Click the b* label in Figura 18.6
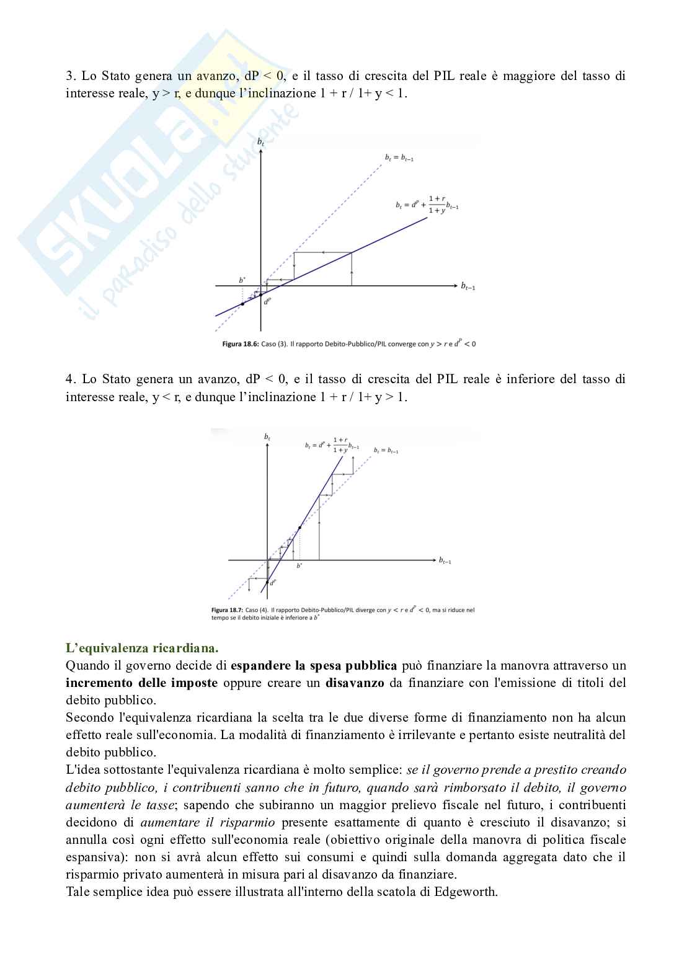[x=242, y=280]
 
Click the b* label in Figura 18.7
[x=299, y=565]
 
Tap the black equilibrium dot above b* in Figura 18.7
[x=300, y=528]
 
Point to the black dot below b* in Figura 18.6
[x=242, y=304]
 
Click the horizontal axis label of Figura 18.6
[x=468, y=286]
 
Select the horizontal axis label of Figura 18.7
[x=445, y=560]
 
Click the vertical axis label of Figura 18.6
[x=260, y=143]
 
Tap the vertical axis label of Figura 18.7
[x=267, y=437]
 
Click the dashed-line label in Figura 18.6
[x=399, y=158]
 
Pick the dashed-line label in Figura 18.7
[x=386, y=451]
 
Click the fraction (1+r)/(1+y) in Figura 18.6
[x=437, y=205]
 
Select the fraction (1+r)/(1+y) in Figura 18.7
[x=340, y=445]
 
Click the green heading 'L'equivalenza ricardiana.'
[x=142, y=649]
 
